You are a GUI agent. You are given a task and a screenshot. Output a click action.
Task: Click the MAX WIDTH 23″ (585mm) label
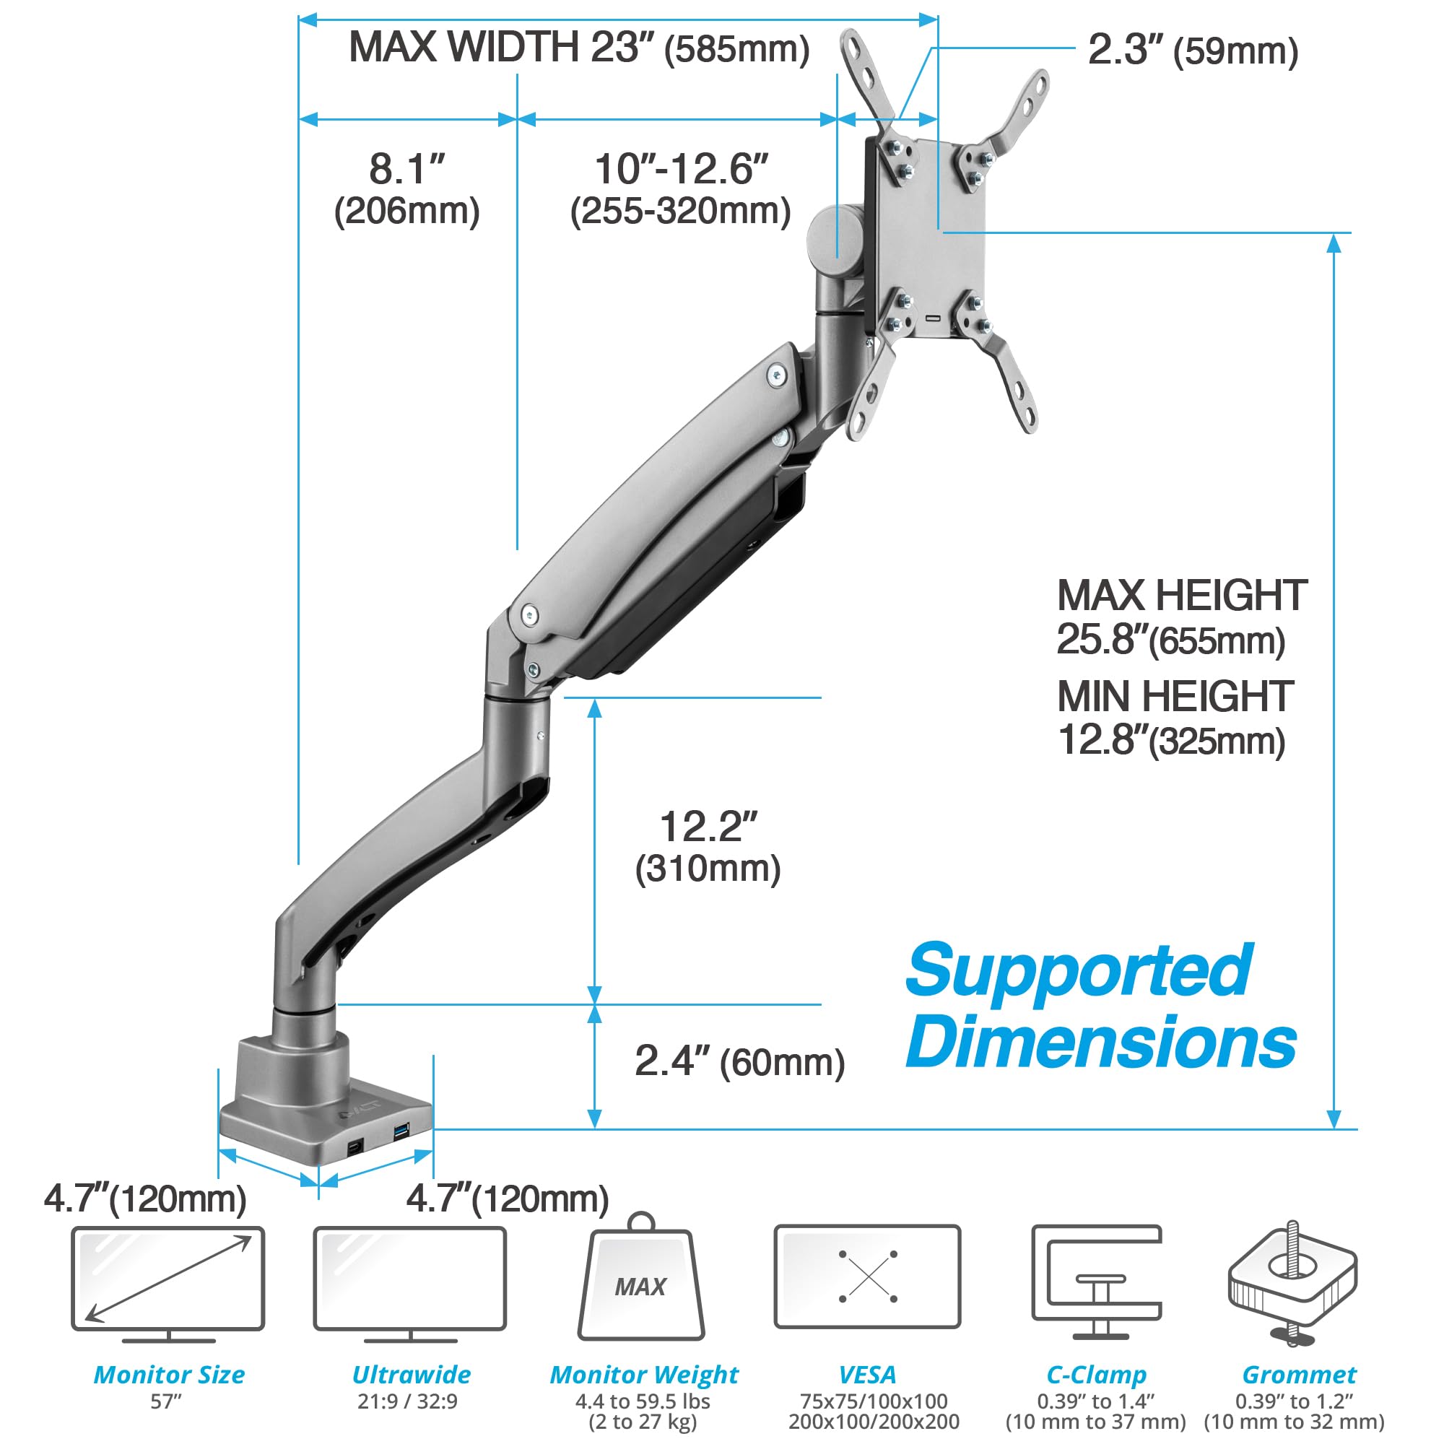[579, 48]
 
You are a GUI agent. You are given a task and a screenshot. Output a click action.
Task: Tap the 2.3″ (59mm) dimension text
[1192, 51]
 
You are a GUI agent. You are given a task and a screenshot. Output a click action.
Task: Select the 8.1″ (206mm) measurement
[406, 189]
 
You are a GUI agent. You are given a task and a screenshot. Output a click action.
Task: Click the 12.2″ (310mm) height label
[708, 847]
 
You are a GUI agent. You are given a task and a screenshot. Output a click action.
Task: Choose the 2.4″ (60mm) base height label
[739, 1062]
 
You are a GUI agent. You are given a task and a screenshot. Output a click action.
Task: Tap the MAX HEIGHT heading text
[1181, 596]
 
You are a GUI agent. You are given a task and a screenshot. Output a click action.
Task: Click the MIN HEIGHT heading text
[1175, 697]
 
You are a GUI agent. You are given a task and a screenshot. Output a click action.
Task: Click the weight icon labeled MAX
[640, 1280]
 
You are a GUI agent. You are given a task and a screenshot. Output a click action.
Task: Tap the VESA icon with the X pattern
[867, 1277]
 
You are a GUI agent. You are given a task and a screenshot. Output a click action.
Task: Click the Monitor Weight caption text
[643, 1375]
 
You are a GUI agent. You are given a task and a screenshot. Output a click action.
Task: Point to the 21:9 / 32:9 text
[407, 1401]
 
